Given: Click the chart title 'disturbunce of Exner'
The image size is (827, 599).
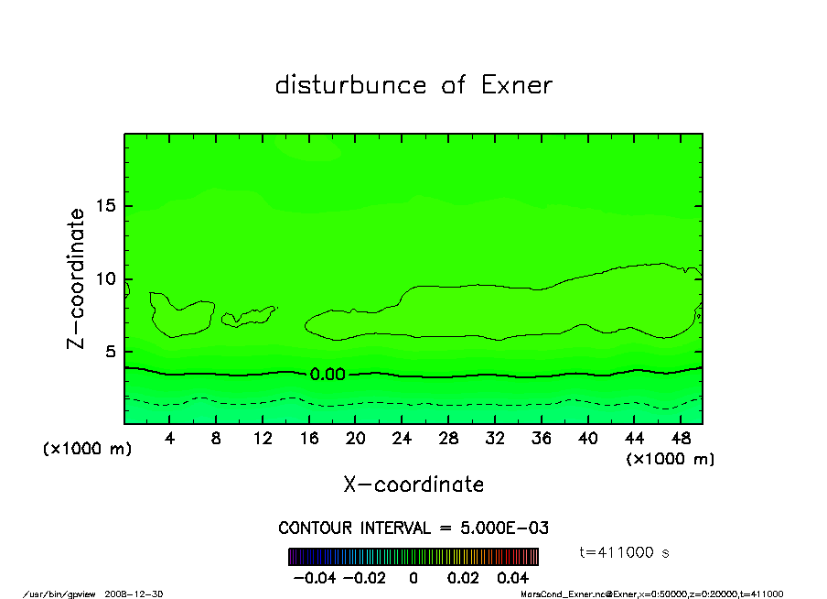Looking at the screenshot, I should click(x=413, y=85).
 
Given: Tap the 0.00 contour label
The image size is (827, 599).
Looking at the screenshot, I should click(x=328, y=374).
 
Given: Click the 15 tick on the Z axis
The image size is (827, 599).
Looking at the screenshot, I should click(x=105, y=206).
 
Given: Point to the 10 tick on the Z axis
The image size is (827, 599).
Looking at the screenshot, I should click(x=105, y=278).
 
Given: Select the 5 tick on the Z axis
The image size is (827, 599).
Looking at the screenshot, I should click(x=110, y=352).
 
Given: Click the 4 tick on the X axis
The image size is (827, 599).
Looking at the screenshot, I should click(x=170, y=439).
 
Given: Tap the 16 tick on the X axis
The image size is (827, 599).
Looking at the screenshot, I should click(x=309, y=439).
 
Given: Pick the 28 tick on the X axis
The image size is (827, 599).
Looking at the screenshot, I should click(x=448, y=439).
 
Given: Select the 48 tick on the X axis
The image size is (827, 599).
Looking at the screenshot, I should click(x=680, y=439).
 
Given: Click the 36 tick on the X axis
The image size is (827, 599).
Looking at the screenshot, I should click(x=541, y=439).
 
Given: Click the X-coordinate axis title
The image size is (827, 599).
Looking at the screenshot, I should click(x=413, y=485).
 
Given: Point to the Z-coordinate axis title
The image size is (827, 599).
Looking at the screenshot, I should click(x=77, y=278).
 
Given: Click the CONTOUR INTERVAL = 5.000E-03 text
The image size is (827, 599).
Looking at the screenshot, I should click(x=413, y=528).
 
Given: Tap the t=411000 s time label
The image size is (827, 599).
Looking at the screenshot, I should click(x=628, y=552).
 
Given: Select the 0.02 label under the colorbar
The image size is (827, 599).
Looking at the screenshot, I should click(x=462, y=578).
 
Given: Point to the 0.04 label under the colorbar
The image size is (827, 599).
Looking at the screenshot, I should click(x=512, y=578).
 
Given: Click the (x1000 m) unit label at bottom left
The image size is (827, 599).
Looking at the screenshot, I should click(x=88, y=449).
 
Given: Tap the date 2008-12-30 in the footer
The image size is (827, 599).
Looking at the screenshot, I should click(x=143, y=594).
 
